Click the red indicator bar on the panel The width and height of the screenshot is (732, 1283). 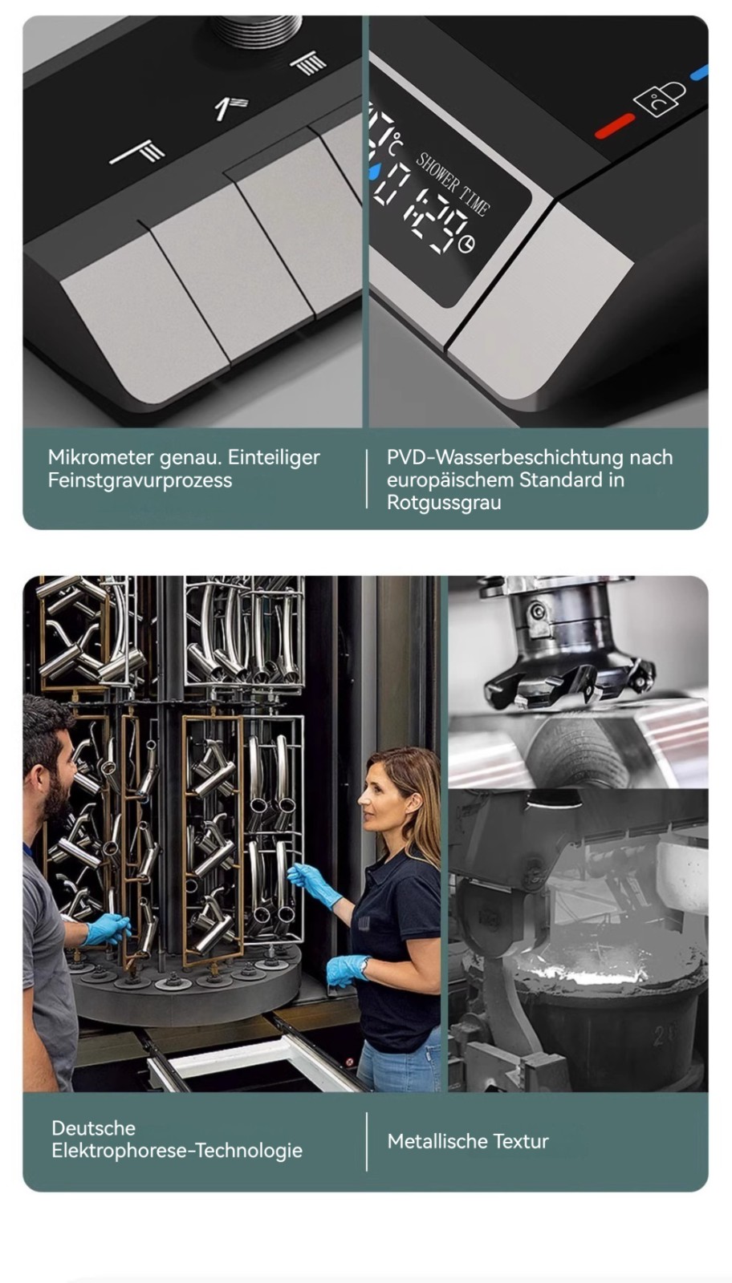615,125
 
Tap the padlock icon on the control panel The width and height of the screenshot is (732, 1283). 661,99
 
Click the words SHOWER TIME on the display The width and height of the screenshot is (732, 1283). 453,184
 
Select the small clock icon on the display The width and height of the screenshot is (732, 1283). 466,244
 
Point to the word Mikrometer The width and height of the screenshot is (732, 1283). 101,458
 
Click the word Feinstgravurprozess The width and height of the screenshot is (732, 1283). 140,480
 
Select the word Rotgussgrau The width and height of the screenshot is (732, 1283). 444,502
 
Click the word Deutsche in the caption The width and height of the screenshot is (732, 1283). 93,1127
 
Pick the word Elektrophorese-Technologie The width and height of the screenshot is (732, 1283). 177,1150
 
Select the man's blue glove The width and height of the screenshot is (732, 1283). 108,929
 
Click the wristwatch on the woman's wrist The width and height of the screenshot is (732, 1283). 364,967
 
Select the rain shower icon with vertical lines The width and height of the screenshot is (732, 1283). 310,63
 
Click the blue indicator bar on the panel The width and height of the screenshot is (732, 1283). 700,73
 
